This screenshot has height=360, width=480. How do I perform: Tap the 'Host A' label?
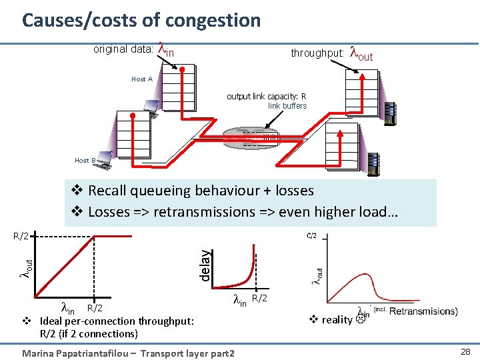(x=142, y=79)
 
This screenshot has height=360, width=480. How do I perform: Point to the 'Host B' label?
(x=85, y=160)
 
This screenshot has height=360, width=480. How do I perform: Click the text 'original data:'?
(x=123, y=49)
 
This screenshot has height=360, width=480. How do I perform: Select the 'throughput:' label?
(x=317, y=53)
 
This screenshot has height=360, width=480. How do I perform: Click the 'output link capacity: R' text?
(x=266, y=97)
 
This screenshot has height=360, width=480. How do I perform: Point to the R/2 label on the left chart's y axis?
(x=22, y=237)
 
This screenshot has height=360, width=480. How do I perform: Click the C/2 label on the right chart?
(x=311, y=235)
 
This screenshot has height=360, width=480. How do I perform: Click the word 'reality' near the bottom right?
(x=337, y=319)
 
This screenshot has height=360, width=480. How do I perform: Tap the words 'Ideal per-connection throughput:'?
(x=117, y=321)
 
